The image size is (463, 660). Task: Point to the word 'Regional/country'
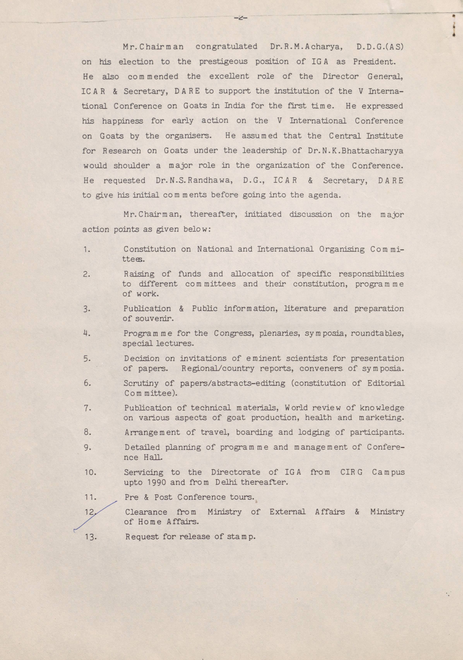(218, 368)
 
